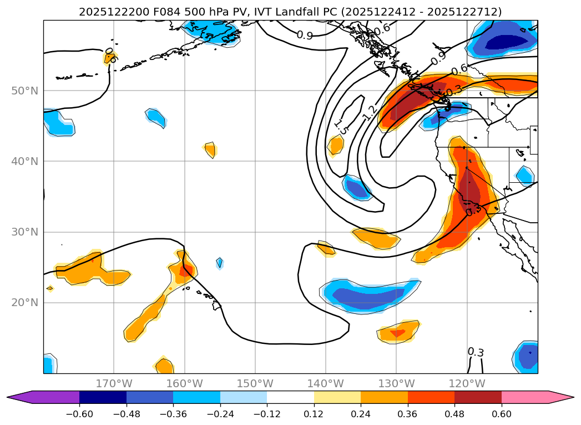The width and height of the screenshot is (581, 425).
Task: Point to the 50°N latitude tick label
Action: click(24, 91)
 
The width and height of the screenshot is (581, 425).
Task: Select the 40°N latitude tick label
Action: click(24, 161)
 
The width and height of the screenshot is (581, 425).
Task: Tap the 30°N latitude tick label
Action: click(24, 232)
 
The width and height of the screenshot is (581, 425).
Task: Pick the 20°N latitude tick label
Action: click(24, 302)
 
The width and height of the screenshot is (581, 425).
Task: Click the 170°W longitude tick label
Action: click(114, 383)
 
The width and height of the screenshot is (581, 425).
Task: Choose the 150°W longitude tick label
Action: click(255, 383)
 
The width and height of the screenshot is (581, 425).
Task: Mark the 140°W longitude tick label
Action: click(325, 383)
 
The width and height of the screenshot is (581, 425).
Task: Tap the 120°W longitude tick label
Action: click(466, 383)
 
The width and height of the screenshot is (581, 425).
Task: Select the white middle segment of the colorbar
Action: click(290, 397)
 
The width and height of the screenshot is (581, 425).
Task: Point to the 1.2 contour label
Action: click(369, 113)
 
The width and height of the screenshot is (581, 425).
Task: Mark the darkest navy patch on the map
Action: click(506, 42)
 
